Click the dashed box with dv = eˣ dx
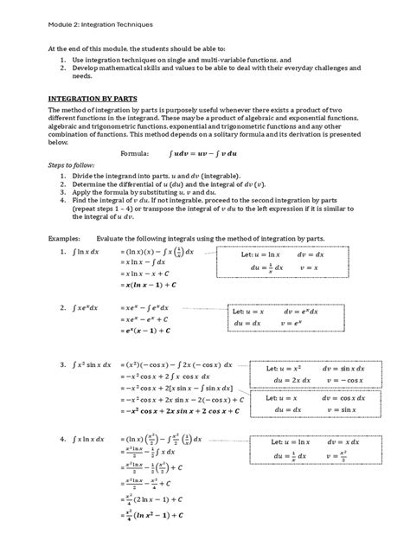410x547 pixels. (279, 317)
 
